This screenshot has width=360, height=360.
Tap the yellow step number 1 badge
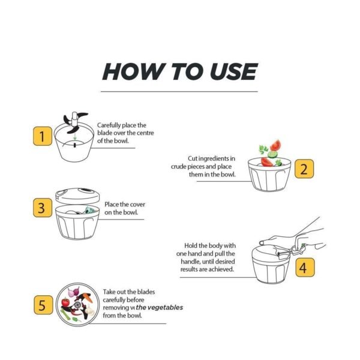click(41, 137)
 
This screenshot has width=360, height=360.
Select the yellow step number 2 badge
click(304, 169)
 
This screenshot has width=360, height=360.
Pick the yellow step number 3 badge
click(41, 208)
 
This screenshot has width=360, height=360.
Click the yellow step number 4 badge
click(304, 268)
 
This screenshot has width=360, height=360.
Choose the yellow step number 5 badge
click(41, 305)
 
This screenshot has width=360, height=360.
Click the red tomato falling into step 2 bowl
click(275, 145)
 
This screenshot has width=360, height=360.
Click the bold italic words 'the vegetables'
click(160, 308)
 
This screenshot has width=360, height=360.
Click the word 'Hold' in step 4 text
click(191, 246)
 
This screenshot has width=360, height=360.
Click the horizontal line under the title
click(179, 92)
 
